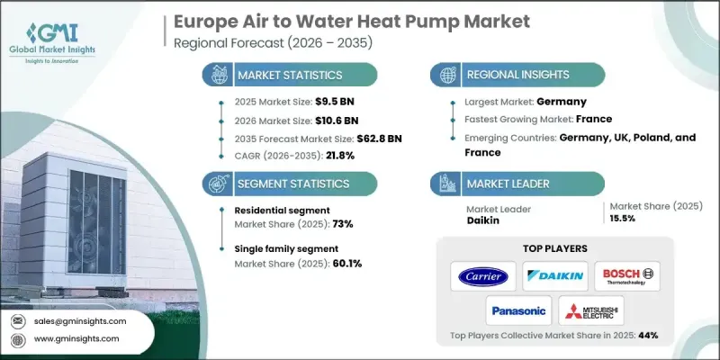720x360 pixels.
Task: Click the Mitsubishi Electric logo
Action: [x=589, y=310]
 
